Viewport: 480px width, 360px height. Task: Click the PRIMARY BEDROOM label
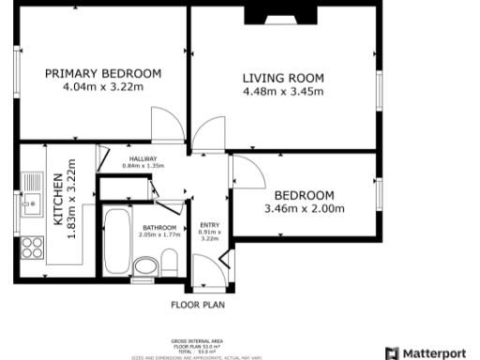pyautogui.click(x=103, y=73)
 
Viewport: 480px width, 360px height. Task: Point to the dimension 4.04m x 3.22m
pyautogui.click(x=103, y=87)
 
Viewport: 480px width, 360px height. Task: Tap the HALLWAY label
pyautogui.click(x=144, y=158)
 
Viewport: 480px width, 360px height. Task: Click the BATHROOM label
pyautogui.click(x=158, y=228)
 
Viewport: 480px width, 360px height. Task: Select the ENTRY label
pyautogui.click(x=209, y=224)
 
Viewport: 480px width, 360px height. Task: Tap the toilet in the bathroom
pyautogui.click(x=145, y=270)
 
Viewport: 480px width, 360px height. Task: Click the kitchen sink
pyautogui.click(x=32, y=192)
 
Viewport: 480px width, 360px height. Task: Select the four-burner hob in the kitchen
pyautogui.click(x=32, y=248)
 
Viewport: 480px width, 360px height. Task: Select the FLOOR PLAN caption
pyautogui.click(x=197, y=304)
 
